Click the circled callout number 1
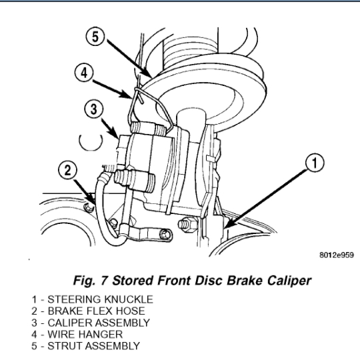pyautogui.click(x=315, y=163)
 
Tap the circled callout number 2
pyautogui.click(x=67, y=170)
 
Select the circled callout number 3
pyautogui.click(x=94, y=109)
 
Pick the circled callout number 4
pyautogui.click(x=84, y=73)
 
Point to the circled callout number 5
pyautogui.click(x=95, y=37)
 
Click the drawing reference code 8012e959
pyautogui.click(x=337, y=255)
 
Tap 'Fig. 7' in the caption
pyautogui.click(x=91, y=281)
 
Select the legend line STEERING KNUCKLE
pyautogui.click(x=92, y=299)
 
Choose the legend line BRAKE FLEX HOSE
pyautogui.click(x=88, y=311)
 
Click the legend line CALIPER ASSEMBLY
pyautogui.click(x=91, y=323)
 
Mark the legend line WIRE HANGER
pyautogui.click(x=77, y=334)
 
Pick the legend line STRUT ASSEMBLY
pyautogui.click(x=85, y=346)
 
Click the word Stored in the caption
pyautogui.click(x=133, y=281)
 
